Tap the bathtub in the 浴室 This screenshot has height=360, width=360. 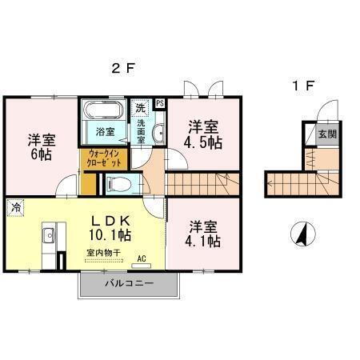(103, 111)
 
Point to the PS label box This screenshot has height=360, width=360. (159, 102)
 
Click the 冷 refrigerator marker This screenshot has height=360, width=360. (16, 206)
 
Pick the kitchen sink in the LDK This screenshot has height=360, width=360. (47, 235)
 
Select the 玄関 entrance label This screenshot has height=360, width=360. (327, 134)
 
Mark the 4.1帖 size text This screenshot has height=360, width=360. (203, 242)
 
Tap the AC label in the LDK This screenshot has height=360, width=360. (141, 258)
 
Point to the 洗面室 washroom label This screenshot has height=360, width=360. (142, 130)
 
